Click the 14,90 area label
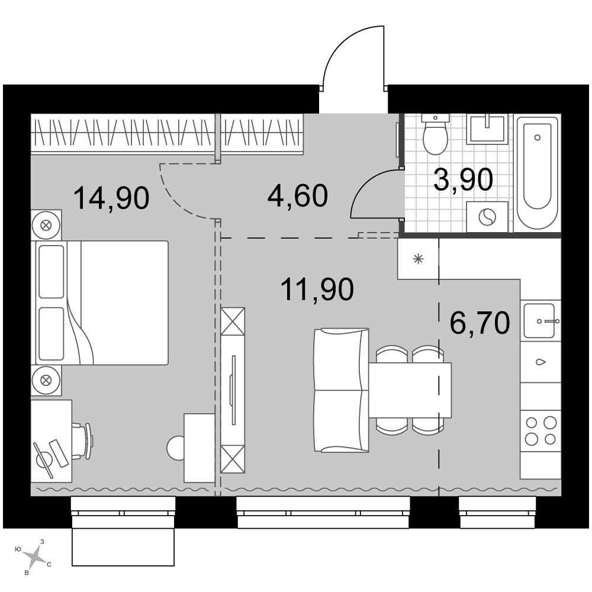(x=111, y=198)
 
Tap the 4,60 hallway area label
(x=298, y=195)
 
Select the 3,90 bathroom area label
(x=464, y=179)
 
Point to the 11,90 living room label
(x=317, y=289)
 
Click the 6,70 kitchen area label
(x=480, y=323)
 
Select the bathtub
(x=537, y=173)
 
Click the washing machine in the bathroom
(x=487, y=217)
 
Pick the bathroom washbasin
(x=487, y=129)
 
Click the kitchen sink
(x=539, y=321)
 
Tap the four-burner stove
(x=540, y=430)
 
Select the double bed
(x=102, y=303)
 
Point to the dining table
(x=410, y=390)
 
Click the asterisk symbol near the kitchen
(x=418, y=259)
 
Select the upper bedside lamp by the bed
(x=46, y=226)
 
